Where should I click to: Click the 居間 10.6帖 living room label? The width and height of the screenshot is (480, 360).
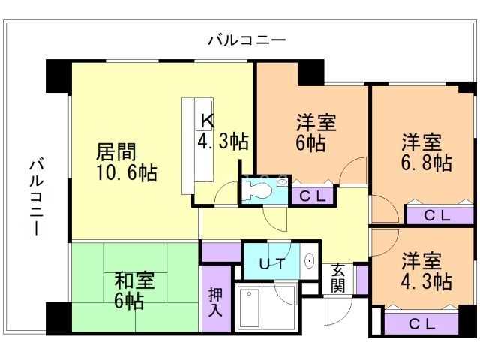pyautogui.click(x=125, y=162)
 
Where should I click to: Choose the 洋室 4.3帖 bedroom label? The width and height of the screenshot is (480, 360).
pyautogui.click(x=424, y=271)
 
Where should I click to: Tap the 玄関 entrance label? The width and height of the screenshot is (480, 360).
pyautogui.click(x=339, y=278)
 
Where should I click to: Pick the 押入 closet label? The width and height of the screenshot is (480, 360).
pyautogui.click(x=215, y=298)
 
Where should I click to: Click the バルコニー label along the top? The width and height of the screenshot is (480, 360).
pyautogui.click(x=247, y=40)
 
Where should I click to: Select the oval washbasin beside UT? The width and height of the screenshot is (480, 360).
pyautogui.click(x=310, y=262)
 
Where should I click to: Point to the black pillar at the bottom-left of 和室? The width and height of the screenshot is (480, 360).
pyautogui.click(x=58, y=318)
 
